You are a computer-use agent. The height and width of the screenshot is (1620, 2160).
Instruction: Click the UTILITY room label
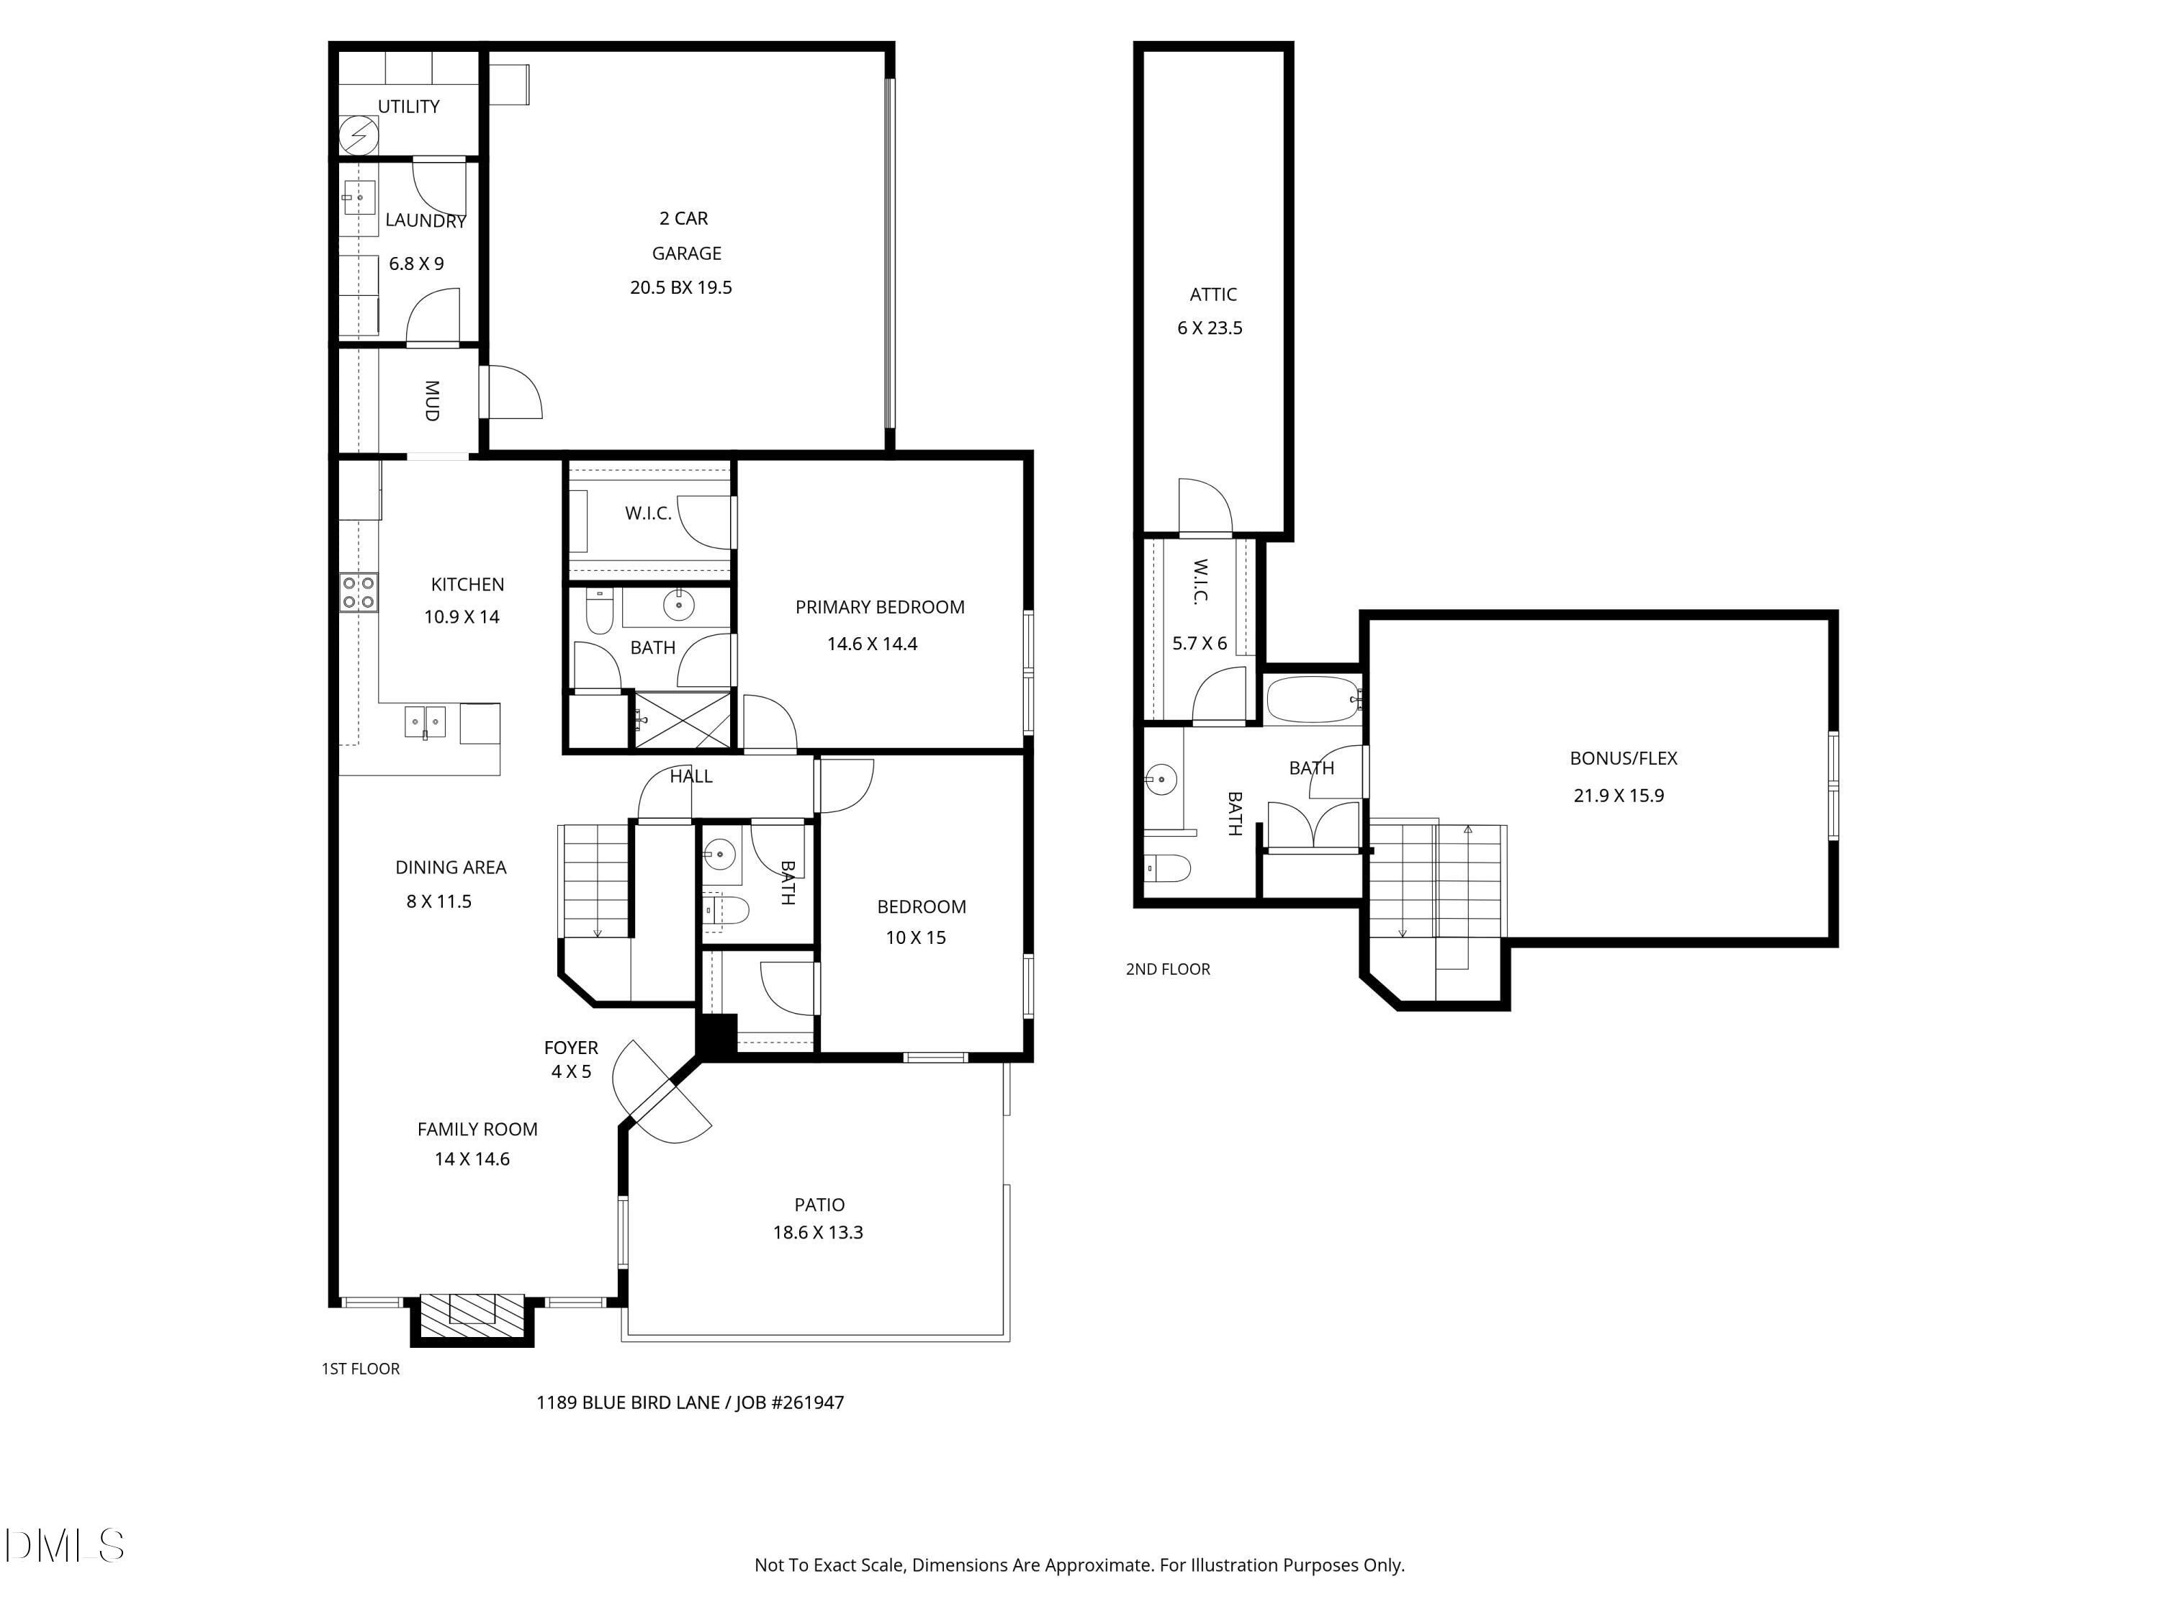pos(408,107)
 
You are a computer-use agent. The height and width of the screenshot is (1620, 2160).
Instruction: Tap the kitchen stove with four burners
pos(359,592)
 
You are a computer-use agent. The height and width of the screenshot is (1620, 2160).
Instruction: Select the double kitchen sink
pos(425,723)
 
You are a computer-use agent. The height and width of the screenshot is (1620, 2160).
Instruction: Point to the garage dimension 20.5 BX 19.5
pos(680,287)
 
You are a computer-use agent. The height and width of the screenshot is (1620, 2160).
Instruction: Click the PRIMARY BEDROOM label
pos(880,608)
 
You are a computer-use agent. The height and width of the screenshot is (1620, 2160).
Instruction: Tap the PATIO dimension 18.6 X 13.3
pos(819,1233)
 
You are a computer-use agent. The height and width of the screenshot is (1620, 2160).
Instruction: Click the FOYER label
pos(571,1048)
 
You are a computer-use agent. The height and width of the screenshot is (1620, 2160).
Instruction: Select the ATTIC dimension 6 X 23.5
pos(1210,328)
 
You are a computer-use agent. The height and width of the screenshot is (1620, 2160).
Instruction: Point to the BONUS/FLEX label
pos(1624,757)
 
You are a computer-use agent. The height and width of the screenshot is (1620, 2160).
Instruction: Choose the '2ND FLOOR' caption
pos(1168,968)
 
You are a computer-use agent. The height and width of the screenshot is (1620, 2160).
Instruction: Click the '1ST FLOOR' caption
pos(360,1368)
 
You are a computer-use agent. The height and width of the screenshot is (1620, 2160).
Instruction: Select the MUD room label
pos(431,400)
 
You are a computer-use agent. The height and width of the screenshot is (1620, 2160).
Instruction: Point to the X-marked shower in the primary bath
pos(683,721)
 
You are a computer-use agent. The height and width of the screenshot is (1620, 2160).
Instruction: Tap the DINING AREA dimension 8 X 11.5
pos(438,901)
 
